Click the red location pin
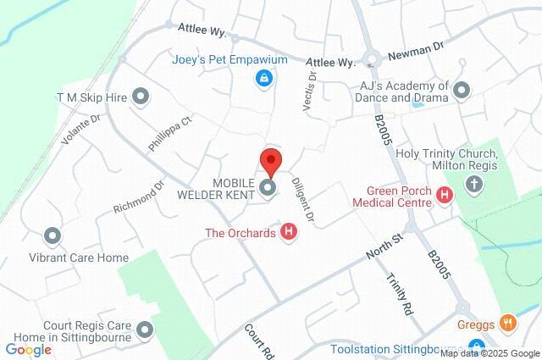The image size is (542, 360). (x=270, y=160)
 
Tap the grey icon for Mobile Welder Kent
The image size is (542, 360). (x=268, y=188)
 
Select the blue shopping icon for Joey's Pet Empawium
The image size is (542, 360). (x=264, y=79)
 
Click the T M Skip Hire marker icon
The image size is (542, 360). (x=141, y=97)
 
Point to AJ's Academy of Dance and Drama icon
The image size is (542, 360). (x=462, y=89)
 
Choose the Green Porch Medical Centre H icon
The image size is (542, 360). (x=445, y=197)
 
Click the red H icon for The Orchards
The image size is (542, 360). (x=289, y=231)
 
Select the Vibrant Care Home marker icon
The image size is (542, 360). (x=53, y=236)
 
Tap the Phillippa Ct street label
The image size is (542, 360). (x=170, y=134)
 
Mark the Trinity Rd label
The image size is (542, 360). (x=398, y=294)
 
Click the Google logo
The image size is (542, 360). (x=28, y=349)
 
